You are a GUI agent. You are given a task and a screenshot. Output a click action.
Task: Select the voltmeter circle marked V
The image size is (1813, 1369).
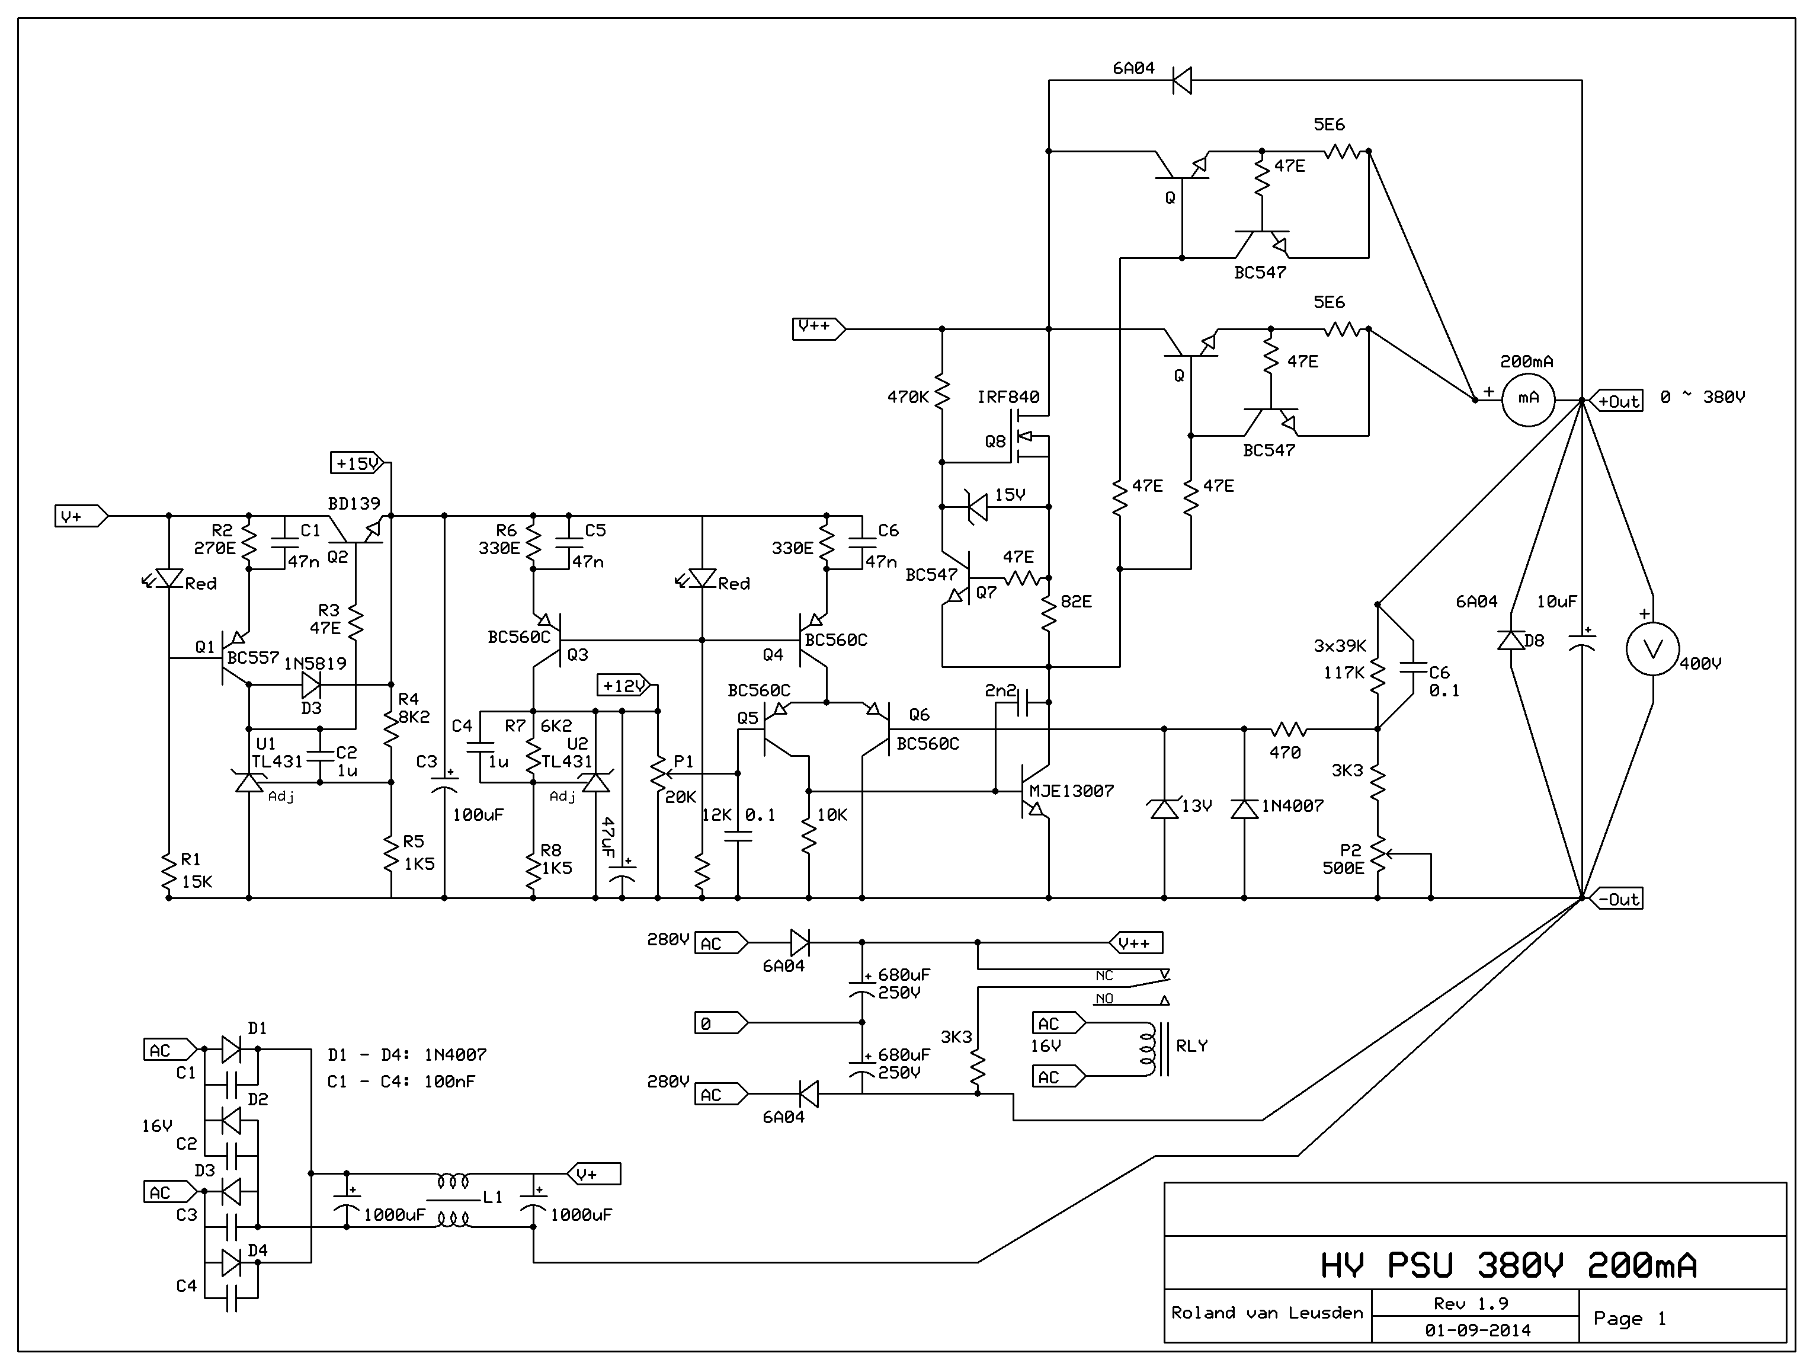pos(1652,650)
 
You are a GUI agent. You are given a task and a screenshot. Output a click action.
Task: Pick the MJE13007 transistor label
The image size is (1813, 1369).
pos(1071,791)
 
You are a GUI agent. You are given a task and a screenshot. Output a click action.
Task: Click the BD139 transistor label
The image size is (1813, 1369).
pos(354,503)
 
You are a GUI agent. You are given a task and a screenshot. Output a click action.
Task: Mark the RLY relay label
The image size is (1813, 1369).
pos(1191,1046)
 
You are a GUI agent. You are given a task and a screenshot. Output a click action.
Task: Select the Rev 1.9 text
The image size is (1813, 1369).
pos(1471,1303)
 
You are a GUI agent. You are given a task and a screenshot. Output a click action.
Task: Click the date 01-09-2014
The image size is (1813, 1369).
pos(1478,1330)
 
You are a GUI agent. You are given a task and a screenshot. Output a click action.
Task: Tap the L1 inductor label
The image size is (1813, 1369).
pos(492,1198)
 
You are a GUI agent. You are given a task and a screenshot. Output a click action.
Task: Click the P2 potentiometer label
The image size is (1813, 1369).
pos(1350,850)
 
